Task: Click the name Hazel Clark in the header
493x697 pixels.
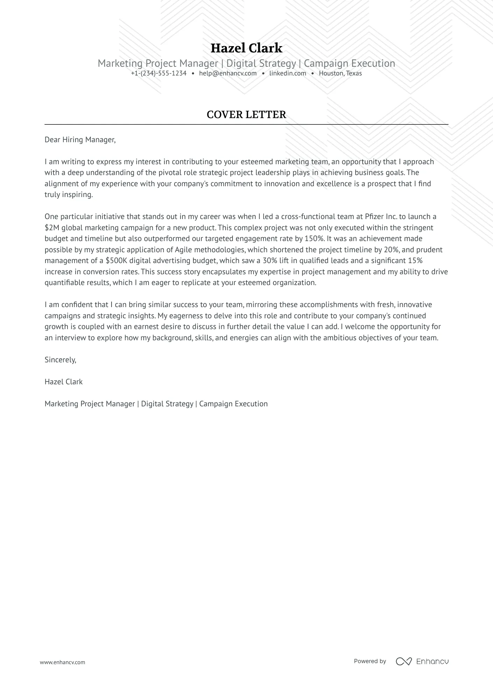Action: click(246, 48)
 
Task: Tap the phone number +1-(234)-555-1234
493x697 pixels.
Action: click(159, 73)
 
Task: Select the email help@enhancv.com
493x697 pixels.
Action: click(228, 73)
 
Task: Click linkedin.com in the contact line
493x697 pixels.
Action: click(287, 73)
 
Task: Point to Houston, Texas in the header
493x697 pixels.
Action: click(340, 73)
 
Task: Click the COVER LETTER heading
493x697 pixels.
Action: click(246, 115)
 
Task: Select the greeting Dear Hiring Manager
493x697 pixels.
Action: click(80, 140)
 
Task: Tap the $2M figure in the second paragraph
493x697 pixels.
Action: click(52, 228)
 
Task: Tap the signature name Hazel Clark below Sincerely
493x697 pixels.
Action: click(64, 382)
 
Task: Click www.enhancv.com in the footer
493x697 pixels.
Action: click(62, 662)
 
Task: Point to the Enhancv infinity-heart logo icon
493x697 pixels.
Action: click(403, 661)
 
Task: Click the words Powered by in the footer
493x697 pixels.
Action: click(370, 661)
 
